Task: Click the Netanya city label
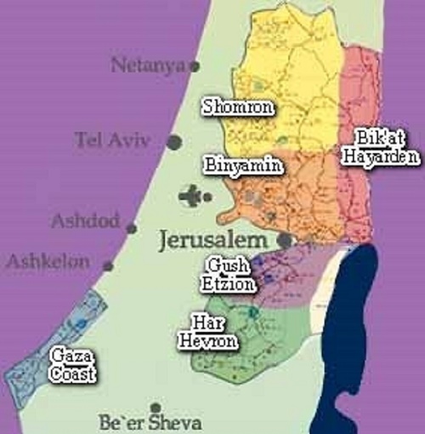point(148,64)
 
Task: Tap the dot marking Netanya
point(194,66)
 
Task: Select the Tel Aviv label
point(112,141)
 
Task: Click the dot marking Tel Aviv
point(174,143)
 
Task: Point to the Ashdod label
point(85,222)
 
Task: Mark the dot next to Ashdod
point(131,228)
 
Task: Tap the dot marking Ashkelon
point(108,266)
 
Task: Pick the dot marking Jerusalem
point(285,241)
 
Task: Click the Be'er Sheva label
point(152,423)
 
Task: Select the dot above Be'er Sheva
point(155,408)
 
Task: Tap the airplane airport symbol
point(191,197)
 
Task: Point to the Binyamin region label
point(243,164)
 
